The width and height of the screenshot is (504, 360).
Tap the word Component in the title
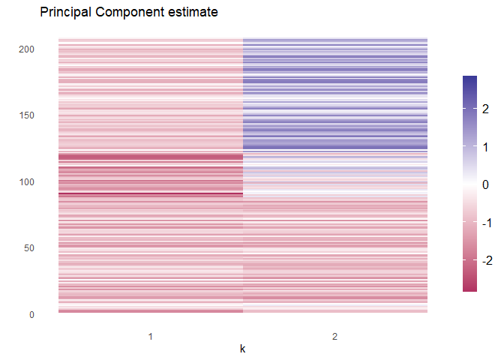coord(132,13)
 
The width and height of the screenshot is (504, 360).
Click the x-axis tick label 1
coord(151,337)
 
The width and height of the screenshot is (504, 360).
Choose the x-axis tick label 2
coord(335,337)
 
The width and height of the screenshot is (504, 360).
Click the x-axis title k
coord(242,349)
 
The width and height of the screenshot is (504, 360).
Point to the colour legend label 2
coord(486,109)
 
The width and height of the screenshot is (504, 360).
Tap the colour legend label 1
coord(486,147)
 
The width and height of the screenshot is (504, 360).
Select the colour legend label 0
coord(486,184)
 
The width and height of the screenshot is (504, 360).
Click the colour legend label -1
coord(484,223)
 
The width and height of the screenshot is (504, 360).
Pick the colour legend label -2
coord(484,260)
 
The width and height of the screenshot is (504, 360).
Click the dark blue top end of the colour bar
coord(470,78)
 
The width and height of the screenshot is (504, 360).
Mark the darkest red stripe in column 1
coord(151,194)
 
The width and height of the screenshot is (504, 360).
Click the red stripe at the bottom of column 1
coord(151,310)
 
